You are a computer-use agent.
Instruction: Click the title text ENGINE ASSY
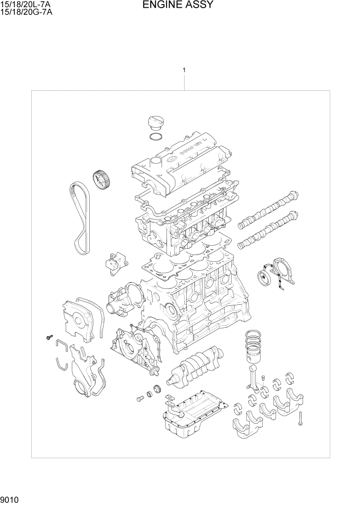click(x=178, y=6)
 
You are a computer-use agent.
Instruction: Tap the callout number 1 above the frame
click(x=184, y=70)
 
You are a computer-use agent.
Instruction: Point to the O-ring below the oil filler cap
click(x=155, y=137)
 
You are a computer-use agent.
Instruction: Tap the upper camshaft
click(x=267, y=211)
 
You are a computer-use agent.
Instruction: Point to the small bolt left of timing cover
click(x=48, y=337)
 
